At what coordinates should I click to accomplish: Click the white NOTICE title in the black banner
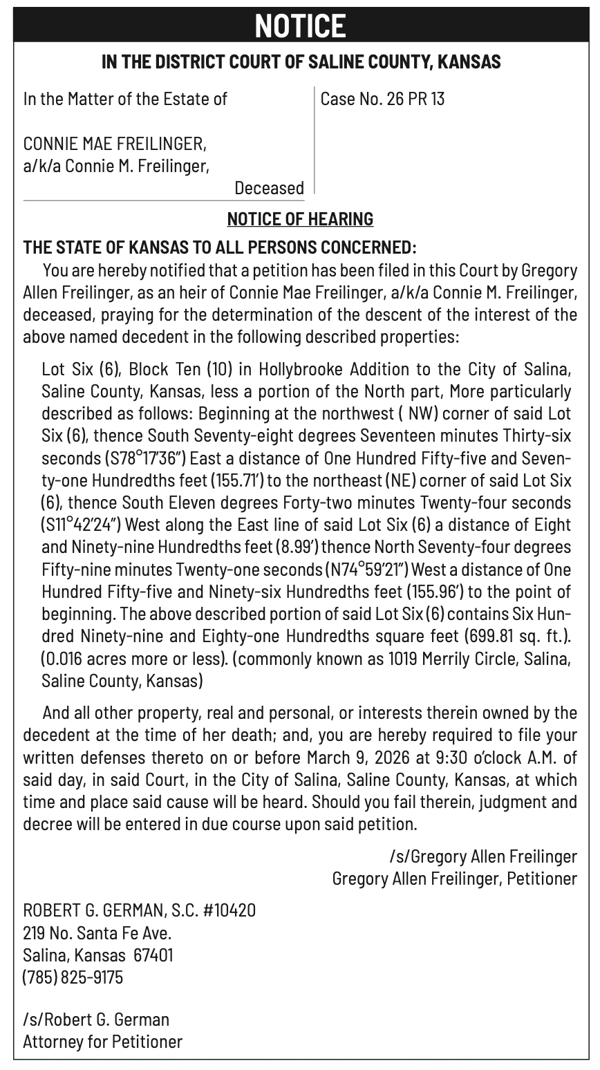[299, 26]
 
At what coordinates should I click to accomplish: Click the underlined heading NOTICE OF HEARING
[300, 219]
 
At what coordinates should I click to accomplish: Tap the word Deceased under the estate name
[269, 188]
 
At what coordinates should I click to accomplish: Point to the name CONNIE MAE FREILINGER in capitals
[115, 145]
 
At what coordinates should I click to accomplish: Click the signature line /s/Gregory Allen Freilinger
[482, 857]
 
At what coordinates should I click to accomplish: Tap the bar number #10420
[229, 910]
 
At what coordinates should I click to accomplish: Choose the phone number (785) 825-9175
[73, 977]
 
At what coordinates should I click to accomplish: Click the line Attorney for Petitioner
[102, 1042]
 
